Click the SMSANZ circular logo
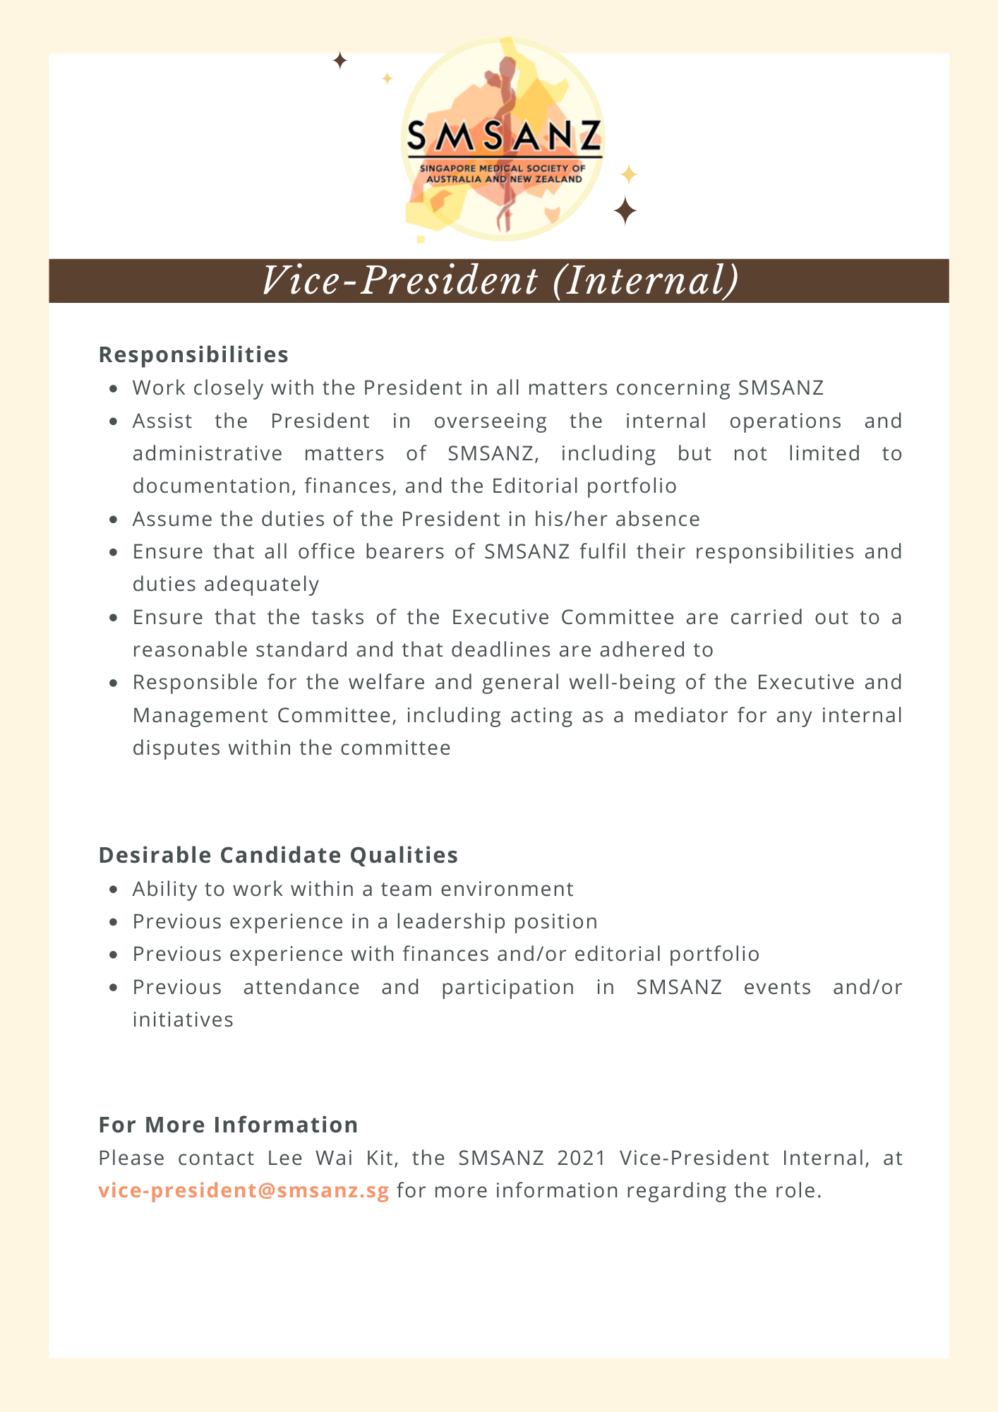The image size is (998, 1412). click(503, 139)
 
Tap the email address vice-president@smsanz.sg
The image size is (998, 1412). click(244, 1190)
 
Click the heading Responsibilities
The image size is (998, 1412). click(193, 354)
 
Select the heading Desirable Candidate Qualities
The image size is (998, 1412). click(278, 855)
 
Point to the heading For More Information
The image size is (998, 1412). click(228, 1125)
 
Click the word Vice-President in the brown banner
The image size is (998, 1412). click(399, 281)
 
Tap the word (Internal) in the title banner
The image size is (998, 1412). click(646, 281)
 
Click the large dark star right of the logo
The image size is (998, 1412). click(625, 211)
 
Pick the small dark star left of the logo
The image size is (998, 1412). click(339, 61)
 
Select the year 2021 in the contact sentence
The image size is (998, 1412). click(582, 1158)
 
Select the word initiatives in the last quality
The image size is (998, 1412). click(183, 1019)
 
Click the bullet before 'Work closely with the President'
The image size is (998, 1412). click(114, 388)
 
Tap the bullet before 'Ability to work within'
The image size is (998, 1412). click(114, 890)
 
